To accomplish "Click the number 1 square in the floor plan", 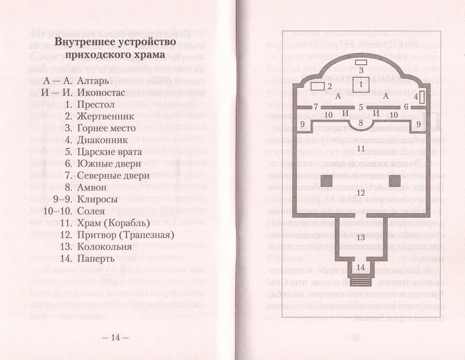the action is (x=361, y=84).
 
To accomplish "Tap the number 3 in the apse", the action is (x=361, y=69).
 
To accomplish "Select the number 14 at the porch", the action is (x=360, y=266).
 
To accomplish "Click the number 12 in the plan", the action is (x=361, y=192).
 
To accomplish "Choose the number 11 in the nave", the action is (x=361, y=149).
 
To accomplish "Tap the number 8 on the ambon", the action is (x=361, y=122).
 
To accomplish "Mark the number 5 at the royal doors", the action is (x=361, y=106).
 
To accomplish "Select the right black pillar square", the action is (x=394, y=180).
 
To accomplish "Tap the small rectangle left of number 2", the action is (x=318, y=86).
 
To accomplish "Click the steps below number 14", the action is (x=360, y=280).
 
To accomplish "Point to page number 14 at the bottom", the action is (x=116, y=337).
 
